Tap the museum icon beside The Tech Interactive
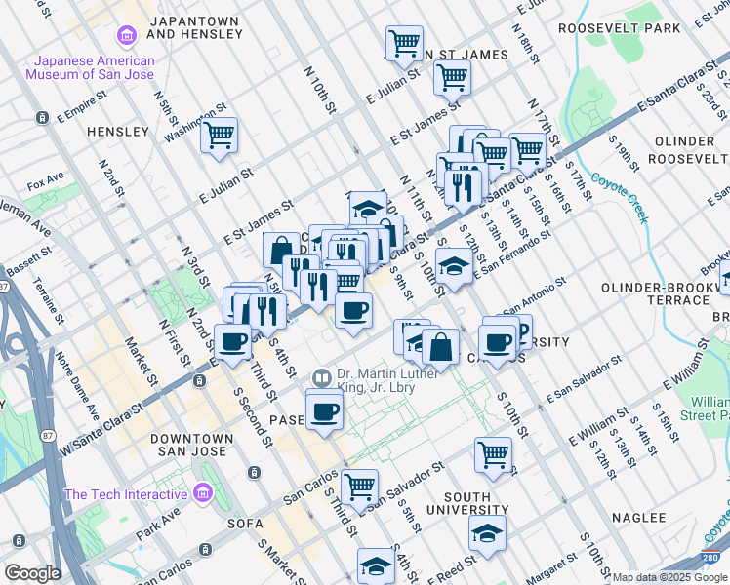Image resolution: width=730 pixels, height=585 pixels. pos(203,493)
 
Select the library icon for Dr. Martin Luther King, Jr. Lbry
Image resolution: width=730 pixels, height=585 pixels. pos(321,376)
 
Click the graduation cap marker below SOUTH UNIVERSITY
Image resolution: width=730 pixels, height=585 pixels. pos(487,532)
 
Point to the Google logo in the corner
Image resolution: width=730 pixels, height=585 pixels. pos(31,573)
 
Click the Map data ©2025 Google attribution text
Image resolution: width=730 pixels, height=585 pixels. pos(670,577)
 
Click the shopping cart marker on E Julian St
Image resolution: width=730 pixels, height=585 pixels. pos(452,76)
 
